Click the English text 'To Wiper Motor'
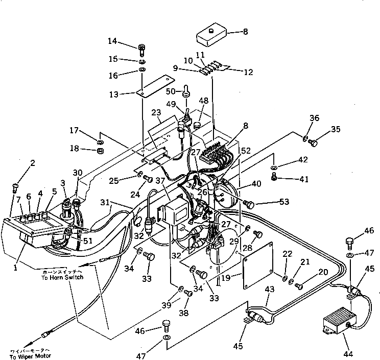click(x=22, y=355)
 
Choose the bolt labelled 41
click(x=274, y=177)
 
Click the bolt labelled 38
click(x=188, y=293)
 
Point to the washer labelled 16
click(x=142, y=69)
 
